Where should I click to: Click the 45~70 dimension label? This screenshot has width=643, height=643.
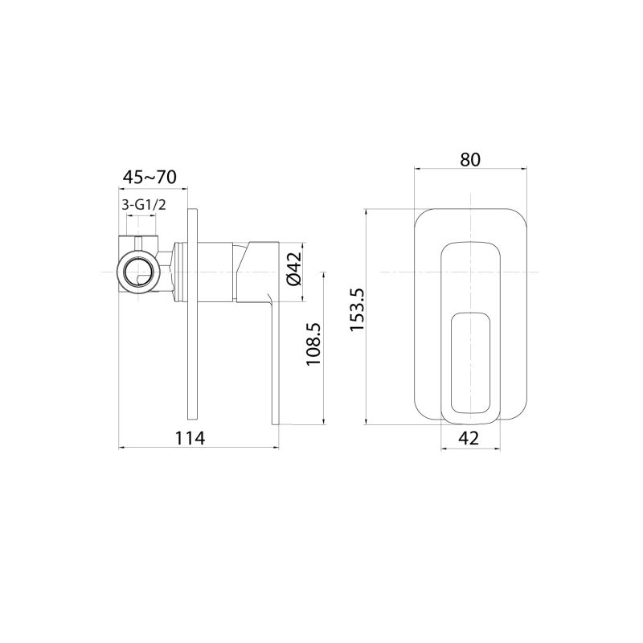149,176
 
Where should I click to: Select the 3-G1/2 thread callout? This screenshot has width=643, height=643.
144,205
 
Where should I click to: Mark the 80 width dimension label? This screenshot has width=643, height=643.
470,159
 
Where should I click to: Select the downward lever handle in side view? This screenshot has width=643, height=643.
275,362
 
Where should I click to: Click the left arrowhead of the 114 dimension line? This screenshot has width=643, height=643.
122,447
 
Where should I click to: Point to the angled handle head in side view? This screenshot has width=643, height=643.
256,269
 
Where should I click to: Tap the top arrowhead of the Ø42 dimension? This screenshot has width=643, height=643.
303,244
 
